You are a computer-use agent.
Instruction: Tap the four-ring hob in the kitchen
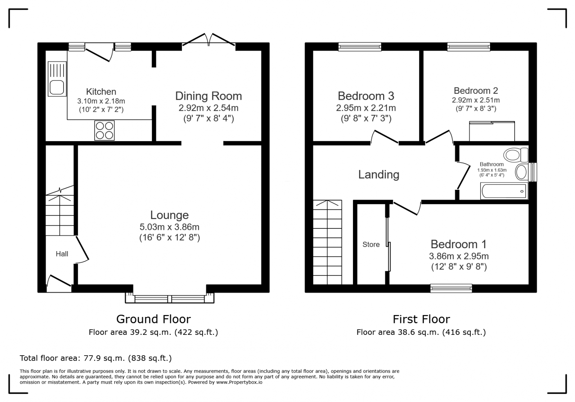pyautogui.click(x=104, y=130)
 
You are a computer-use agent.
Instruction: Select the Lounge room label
pyautogui.click(x=169, y=215)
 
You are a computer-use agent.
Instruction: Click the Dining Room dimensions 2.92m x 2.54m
pyautogui.click(x=208, y=108)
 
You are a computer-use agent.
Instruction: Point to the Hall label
pyautogui.click(x=62, y=254)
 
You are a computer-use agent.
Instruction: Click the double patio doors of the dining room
pyautogui.click(x=208, y=40)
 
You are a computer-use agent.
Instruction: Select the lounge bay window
pyautogui.click(x=170, y=299)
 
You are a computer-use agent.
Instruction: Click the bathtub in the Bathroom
pyautogui.click(x=504, y=191)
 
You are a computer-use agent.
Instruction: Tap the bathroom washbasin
pyautogui.click(x=521, y=172)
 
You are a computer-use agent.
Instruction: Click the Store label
pyautogui.click(x=371, y=245)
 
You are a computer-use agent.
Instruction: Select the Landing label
pyautogui.click(x=379, y=175)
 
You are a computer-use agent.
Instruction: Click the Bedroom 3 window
pyautogui.click(x=360, y=46)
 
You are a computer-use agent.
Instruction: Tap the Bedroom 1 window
pyautogui.click(x=451, y=288)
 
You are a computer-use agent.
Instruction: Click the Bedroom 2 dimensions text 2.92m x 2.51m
pyautogui.click(x=476, y=100)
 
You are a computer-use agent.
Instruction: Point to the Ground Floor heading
pyautogui.click(x=153, y=319)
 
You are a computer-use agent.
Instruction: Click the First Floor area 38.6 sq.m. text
pyautogui.click(x=421, y=332)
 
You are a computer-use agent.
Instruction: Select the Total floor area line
pyautogui.click(x=96, y=358)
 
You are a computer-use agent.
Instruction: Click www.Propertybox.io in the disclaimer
pyautogui.click(x=239, y=382)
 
